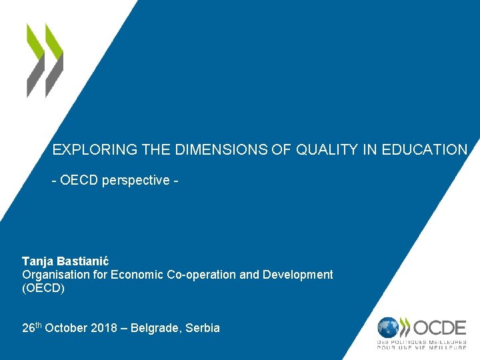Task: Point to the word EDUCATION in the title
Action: [425, 150]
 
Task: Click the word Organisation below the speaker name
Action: [55, 275]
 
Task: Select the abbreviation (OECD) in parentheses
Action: [43, 289]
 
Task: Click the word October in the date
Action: [65, 328]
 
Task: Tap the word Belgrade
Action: [156, 328]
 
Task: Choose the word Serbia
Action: [203, 328]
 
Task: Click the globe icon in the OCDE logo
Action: [389, 327]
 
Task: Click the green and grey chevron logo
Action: [45, 60]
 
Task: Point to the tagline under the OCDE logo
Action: [421, 345]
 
